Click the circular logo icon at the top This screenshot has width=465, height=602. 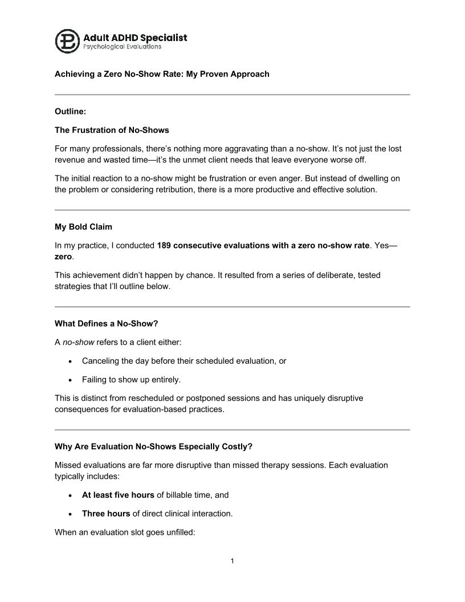[x=68, y=41]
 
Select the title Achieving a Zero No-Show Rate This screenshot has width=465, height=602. [x=162, y=74]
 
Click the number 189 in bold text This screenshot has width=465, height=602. [x=164, y=246]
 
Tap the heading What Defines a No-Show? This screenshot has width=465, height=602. [x=106, y=323]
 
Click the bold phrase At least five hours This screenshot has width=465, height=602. [x=118, y=495]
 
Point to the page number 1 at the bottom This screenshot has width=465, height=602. [x=232, y=561]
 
